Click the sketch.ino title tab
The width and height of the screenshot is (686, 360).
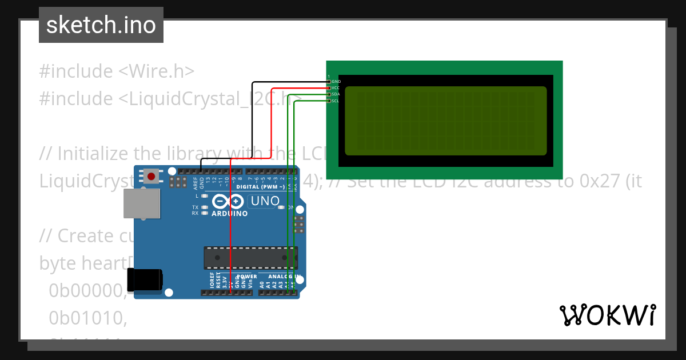click(101, 25)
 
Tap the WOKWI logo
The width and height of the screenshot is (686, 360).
click(607, 315)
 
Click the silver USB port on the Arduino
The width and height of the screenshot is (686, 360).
click(142, 204)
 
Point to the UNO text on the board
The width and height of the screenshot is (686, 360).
click(265, 201)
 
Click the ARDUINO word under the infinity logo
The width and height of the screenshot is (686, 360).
click(230, 214)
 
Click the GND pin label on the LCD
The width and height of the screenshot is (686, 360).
click(336, 82)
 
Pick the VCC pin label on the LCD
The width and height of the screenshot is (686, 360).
click(336, 88)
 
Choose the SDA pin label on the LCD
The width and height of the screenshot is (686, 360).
click(336, 94)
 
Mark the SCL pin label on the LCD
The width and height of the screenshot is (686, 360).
click(336, 101)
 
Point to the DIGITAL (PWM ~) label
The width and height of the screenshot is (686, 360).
click(261, 187)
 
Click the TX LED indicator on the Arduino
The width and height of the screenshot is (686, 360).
click(196, 207)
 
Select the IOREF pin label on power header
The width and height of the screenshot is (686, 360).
click(212, 280)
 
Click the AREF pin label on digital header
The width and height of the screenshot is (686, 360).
click(196, 182)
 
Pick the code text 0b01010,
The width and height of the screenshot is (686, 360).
click(87, 318)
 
